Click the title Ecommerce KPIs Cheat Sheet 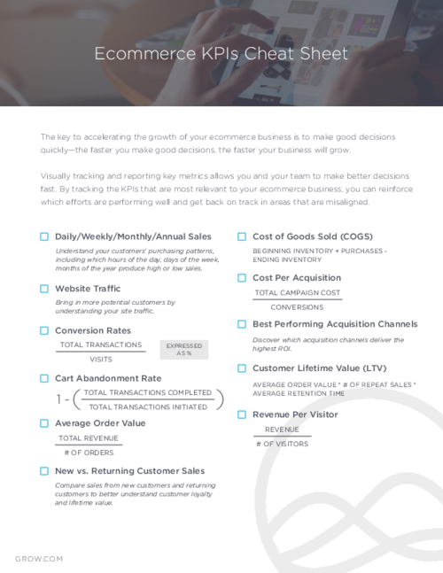pyautogui.click(x=221, y=54)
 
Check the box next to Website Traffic pyautogui.click(x=44, y=289)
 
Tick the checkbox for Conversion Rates pyautogui.click(x=44, y=330)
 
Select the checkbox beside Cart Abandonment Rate pyautogui.click(x=44, y=378)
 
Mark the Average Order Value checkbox pyautogui.click(x=44, y=423)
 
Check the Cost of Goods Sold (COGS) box pyautogui.click(x=242, y=236)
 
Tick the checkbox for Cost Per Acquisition pyautogui.click(x=242, y=278)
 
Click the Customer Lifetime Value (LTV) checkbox pyautogui.click(x=242, y=368)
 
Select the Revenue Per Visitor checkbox pyautogui.click(x=242, y=414)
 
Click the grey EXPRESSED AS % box pyautogui.click(x=184, y=350)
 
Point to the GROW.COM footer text pyautogui.click(x=39, y=559)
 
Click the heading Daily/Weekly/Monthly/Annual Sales pyautogui.click(x=133, y=236)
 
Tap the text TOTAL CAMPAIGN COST pyautogui.click(x=297, y=292)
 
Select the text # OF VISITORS pyautogui.click(x=282, y=444)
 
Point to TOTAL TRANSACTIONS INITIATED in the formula pyautogui.click(x=148, y=407)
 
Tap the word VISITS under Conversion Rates pyautogui.click(x=100, y=360)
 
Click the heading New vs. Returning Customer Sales pyautogui.click(x=129, y=471)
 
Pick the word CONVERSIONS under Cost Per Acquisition pyautogui.click(x=297, y=307)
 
